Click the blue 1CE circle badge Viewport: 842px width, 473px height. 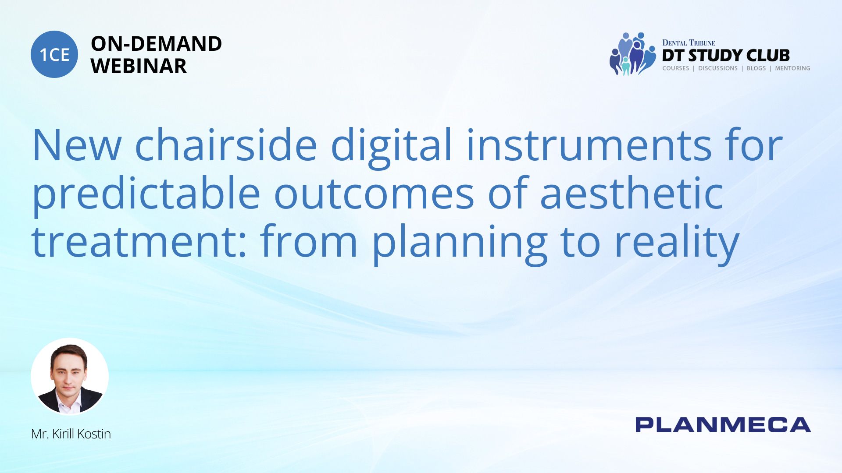click(54, 54)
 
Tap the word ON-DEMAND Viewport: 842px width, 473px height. click(156, 44)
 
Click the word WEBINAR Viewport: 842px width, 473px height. click(139, 66)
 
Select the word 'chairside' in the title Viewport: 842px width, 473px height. click(226, 145)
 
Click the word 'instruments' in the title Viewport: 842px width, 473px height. click(589, 145)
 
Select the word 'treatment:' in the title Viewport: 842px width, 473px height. click(139, 241)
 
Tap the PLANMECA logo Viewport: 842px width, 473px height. click(723, 425)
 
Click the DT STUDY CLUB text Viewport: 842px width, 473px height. click(726, 55)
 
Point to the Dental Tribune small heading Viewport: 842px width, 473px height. click(689, 42)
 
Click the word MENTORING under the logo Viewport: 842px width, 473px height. click(792, 68)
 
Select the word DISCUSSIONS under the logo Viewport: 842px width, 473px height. click(718, 68)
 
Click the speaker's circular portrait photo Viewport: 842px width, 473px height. click(70, 376)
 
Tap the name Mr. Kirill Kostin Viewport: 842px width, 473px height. click(71, 434)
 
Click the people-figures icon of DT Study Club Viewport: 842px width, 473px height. click(632, 53)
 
